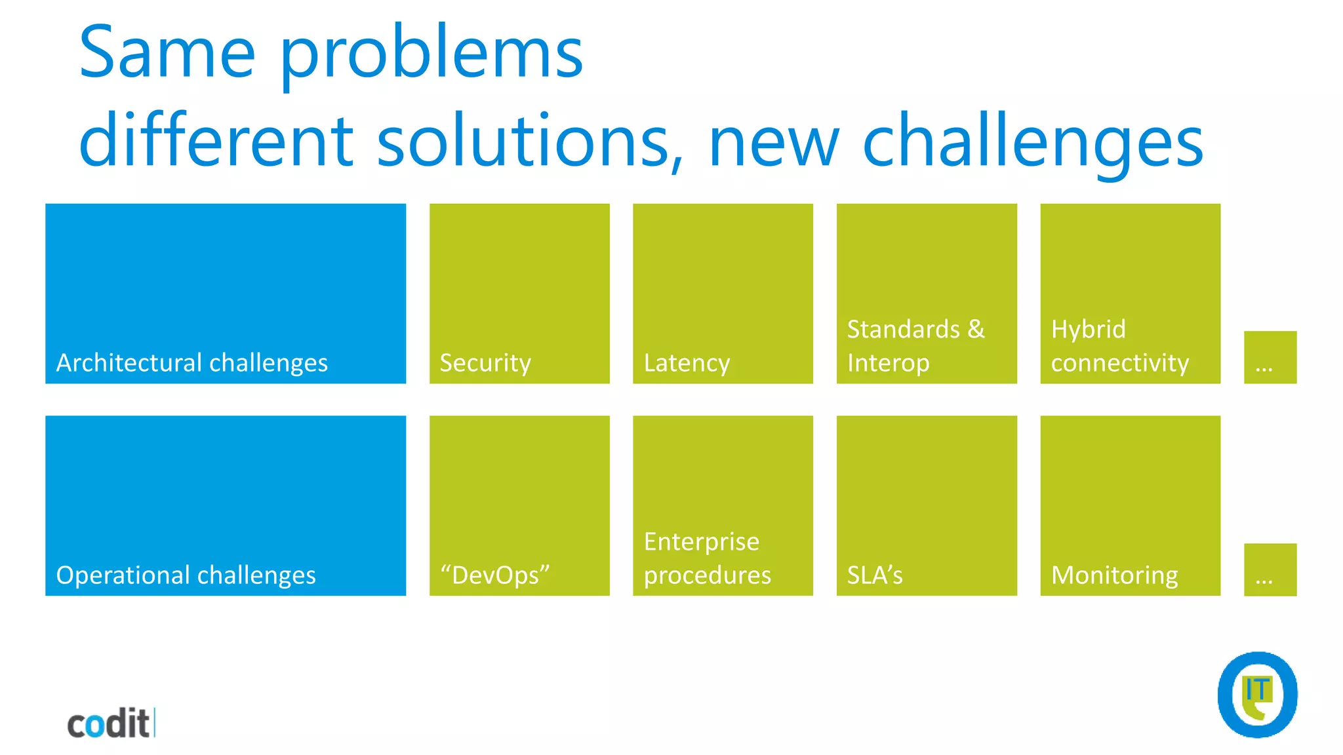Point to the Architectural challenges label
coord(191,363)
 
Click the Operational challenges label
coord(186,575)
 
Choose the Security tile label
coord(485,363)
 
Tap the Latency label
coord(687,363)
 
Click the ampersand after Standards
coord(976,329)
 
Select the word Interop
coord(888,363)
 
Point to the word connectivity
coord(1119,363)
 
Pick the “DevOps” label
coord(495,575)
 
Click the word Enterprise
coord(701,542)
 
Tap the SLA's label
coord(875,575)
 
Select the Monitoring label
coord(1114,575)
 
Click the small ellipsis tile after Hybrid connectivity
coord(1270,358)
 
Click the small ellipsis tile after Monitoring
coord(1270,570)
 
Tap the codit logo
coord(110,724)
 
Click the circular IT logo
coord(1257,695)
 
